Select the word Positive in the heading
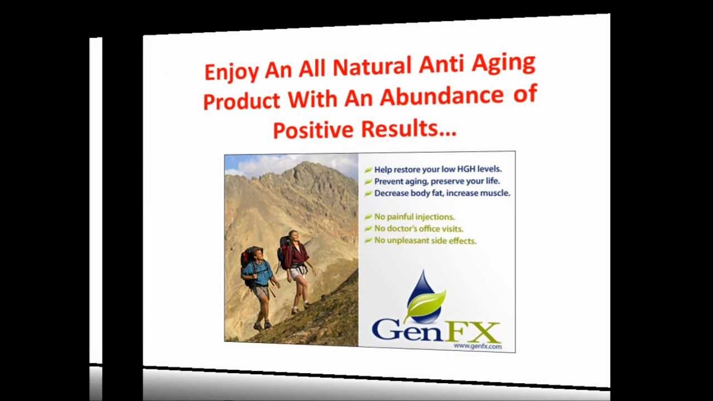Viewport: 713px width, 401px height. coord(313,130)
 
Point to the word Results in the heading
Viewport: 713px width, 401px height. coord(408,129)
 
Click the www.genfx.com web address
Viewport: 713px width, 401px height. coord(477,346)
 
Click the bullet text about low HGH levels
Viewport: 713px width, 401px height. coord(438,169)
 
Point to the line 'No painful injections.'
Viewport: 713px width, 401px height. coord(414,217)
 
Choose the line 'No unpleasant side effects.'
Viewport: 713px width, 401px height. coord(425,241)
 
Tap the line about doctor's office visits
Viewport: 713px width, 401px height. coord(418,228)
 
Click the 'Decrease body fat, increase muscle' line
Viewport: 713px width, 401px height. coord(442,193)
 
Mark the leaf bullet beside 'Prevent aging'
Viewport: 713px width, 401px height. coord(368,182)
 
